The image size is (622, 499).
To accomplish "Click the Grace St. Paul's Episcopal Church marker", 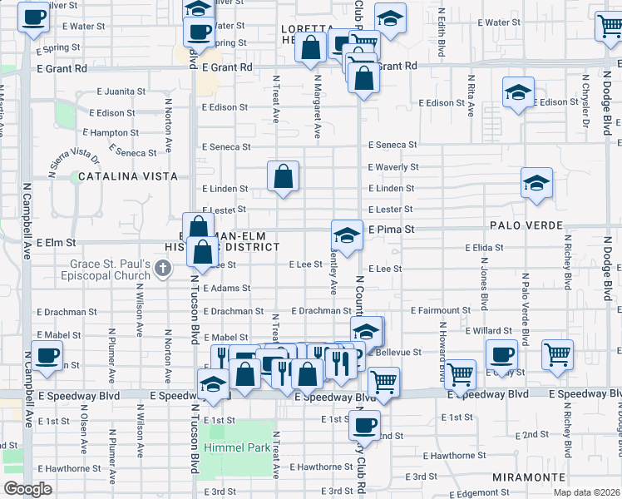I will (x=163, y=268).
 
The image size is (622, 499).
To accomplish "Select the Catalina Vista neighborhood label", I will (x=128, y=176).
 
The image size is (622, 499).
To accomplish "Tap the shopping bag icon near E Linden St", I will (x=283, y=176).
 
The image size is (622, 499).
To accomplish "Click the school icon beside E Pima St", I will (x=347, y=235).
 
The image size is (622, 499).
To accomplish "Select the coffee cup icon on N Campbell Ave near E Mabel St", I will (x=47, y=356).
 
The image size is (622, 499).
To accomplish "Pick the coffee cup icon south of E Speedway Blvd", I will (x=363, y=425).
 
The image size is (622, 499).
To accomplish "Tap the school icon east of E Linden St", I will (x=536, y=183).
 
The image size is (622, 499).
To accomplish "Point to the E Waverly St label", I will (x=393, y=167).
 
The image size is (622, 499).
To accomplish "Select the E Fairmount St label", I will (x=441, y=311).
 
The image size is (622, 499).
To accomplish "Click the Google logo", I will (x=27, y=489).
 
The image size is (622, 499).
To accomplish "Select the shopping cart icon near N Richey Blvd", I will (x=557, y=353).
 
